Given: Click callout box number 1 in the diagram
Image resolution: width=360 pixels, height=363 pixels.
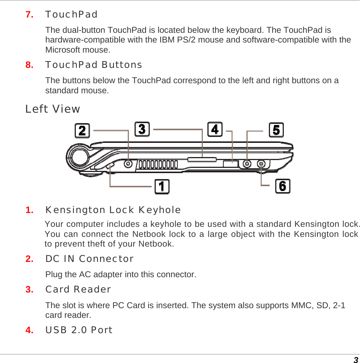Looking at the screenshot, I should (x=162, y=187).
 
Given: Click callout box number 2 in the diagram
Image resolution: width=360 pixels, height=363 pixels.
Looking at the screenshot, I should (x=82, y=131).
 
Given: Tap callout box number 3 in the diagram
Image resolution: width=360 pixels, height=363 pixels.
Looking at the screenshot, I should (x=142, y=129).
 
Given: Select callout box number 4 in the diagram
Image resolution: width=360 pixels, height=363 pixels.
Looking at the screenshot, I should (x=215, y=129).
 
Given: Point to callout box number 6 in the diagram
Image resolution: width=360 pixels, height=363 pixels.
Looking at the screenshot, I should (x=283, y=186).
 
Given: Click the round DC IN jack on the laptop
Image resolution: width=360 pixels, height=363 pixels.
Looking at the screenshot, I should (x=128, y=163).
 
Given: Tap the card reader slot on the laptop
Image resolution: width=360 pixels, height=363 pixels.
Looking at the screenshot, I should (x=202, y=160).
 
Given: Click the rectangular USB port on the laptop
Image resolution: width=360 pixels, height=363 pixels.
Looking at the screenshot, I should (x=230, y=163).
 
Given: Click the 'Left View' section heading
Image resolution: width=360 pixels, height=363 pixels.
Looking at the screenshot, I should (x=53, y=109).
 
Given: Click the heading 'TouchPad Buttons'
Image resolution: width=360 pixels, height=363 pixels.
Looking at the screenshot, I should (x=93, y=65).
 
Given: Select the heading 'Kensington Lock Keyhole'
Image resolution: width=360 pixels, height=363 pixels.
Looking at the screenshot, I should (x=113, y=210).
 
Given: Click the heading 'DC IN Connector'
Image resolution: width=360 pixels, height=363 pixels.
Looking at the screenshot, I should (x=89, y=259).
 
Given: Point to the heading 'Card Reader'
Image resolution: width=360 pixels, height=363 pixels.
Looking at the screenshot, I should (x=78, y=290).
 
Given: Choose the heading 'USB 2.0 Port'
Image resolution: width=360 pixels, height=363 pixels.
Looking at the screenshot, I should (x=79, y=330).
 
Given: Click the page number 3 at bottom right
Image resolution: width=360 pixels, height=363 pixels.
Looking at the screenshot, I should (x=356, y=360).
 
